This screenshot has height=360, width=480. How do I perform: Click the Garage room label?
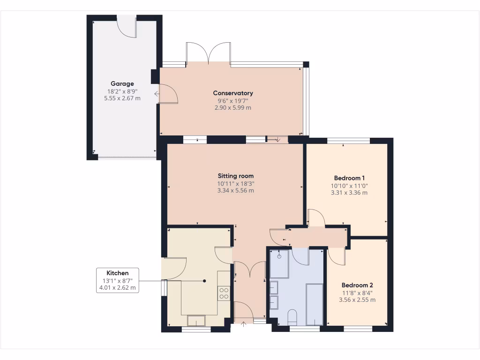point(122,84)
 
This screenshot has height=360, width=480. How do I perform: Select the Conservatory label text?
point(233,93)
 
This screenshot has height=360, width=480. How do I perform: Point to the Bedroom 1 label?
point(349,178)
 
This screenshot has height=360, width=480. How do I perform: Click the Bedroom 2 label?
point(357,285)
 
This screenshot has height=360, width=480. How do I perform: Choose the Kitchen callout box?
point(117,280)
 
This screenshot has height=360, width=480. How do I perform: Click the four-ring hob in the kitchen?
point(224,293)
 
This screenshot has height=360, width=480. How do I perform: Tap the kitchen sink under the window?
point(196,321)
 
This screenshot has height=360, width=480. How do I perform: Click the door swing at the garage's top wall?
point(127,26)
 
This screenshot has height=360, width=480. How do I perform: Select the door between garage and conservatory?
point(168,93)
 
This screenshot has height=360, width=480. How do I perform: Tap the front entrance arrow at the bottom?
point(243,323)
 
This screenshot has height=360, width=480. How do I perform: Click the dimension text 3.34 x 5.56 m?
point(235,191)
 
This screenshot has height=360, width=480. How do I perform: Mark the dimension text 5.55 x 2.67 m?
point(122,98)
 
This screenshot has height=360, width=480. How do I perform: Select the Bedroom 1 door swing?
point(315,217)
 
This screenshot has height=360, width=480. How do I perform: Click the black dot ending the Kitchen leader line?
point(204,281)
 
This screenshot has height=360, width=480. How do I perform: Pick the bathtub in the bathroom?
point(314,304)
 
